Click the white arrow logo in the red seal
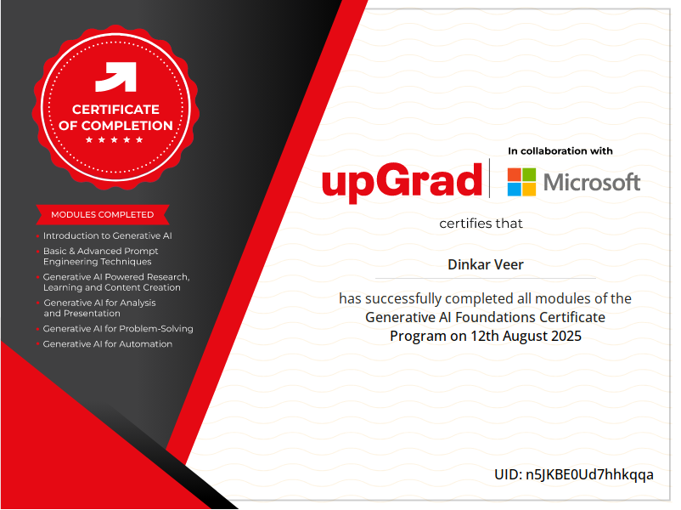point(116,77)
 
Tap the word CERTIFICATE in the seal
point(116,109)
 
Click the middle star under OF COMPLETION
point(115,139)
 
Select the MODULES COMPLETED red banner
point(103,214)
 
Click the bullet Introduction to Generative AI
point(107,235)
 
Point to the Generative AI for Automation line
point(108,344)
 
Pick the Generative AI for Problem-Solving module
point(118,329)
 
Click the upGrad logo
point(402,182)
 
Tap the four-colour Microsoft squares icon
point(521,182)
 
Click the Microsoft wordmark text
point(592,182)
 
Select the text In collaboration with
point(560,150)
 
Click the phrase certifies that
point(481,224)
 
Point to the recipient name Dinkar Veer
point(486,264)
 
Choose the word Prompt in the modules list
point(141,252)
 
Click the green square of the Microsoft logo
point(529,175)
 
